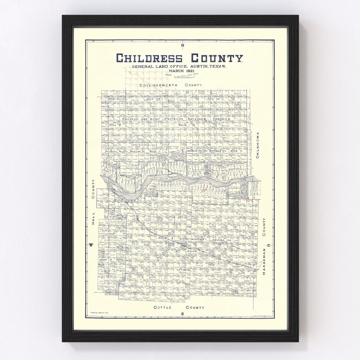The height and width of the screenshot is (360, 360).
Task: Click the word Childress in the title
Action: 149,58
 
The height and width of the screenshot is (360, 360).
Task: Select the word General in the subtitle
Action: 143,67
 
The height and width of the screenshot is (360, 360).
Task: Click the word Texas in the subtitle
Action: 217,67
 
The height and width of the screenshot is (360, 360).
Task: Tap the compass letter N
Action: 182,46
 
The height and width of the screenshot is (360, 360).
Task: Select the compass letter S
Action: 182,314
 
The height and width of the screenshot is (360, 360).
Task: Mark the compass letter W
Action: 91,245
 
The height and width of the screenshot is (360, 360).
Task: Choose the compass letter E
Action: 269,245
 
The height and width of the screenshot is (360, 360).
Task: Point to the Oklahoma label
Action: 257,145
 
